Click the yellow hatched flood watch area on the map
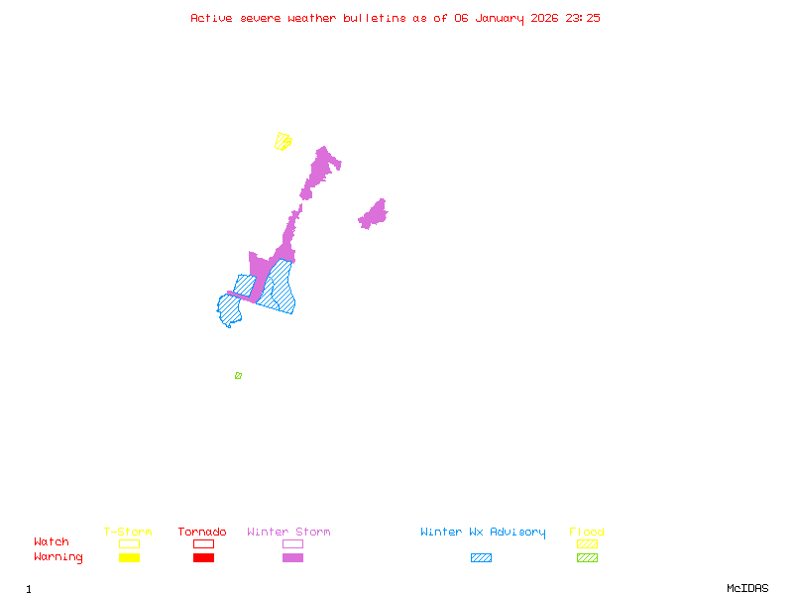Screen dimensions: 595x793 pyautogui.click(x=283, y=141)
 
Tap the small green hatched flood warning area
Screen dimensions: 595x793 pyautogui.click(x=238, y=375)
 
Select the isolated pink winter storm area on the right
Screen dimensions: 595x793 pyautogui.click(x=374, y=214)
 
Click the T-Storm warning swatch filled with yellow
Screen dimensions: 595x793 pyautogui.click(x=129, y=557)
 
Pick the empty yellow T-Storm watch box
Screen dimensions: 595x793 pyautogui.click(x=129, y=543)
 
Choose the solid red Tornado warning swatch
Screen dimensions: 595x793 pyautogui.click(x=203, y=557)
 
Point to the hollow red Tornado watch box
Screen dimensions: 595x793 pyautogui.click(x=203, y=543)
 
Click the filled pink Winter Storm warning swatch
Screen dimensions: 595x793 pyautogui.click(x=292, y=557)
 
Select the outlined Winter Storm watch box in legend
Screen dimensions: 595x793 pyautogui.click(x=292, y=543)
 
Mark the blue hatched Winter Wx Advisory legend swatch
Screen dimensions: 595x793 pyautogui.click(x=481, y=557)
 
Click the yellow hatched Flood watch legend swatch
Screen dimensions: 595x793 pyautogui.click(x=587, y=543)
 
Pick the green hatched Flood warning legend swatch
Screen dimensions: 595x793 pyautogui.click(x=587, y=557)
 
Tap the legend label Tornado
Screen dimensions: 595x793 pyautogui.click(x=202, y=533)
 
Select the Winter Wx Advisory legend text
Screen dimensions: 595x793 pyautogui.click(x=483, y=533)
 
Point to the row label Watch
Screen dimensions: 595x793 pyautogui.click(x=52, y=542)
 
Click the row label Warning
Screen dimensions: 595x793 pyautogui.click(x=58, y=557)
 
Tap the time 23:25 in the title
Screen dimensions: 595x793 pyautogui.click(x=582, y=18)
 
